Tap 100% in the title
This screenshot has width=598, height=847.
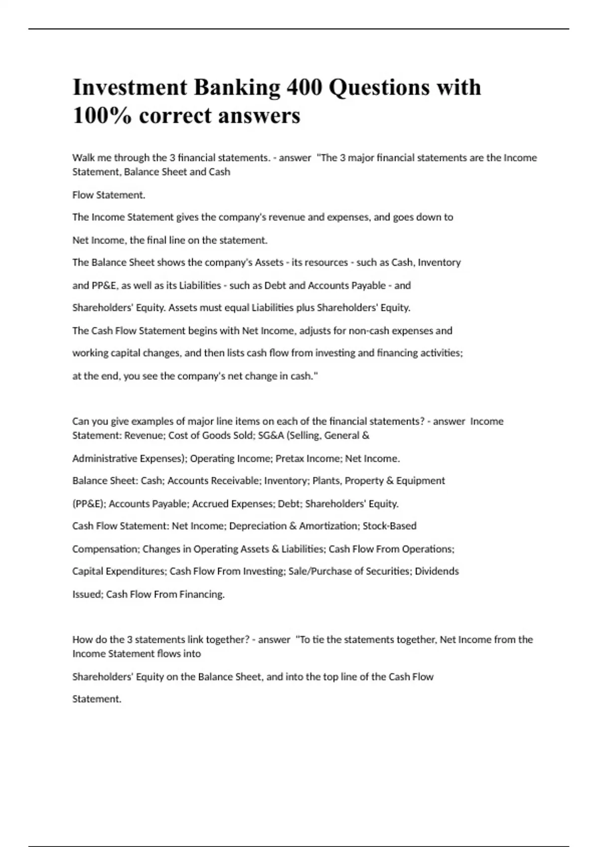(103, 116)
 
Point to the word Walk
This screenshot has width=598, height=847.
(83, 158)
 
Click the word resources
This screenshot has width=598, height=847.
(326, 263)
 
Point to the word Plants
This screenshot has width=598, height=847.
(326, 481)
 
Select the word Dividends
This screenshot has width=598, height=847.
(437, 571)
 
